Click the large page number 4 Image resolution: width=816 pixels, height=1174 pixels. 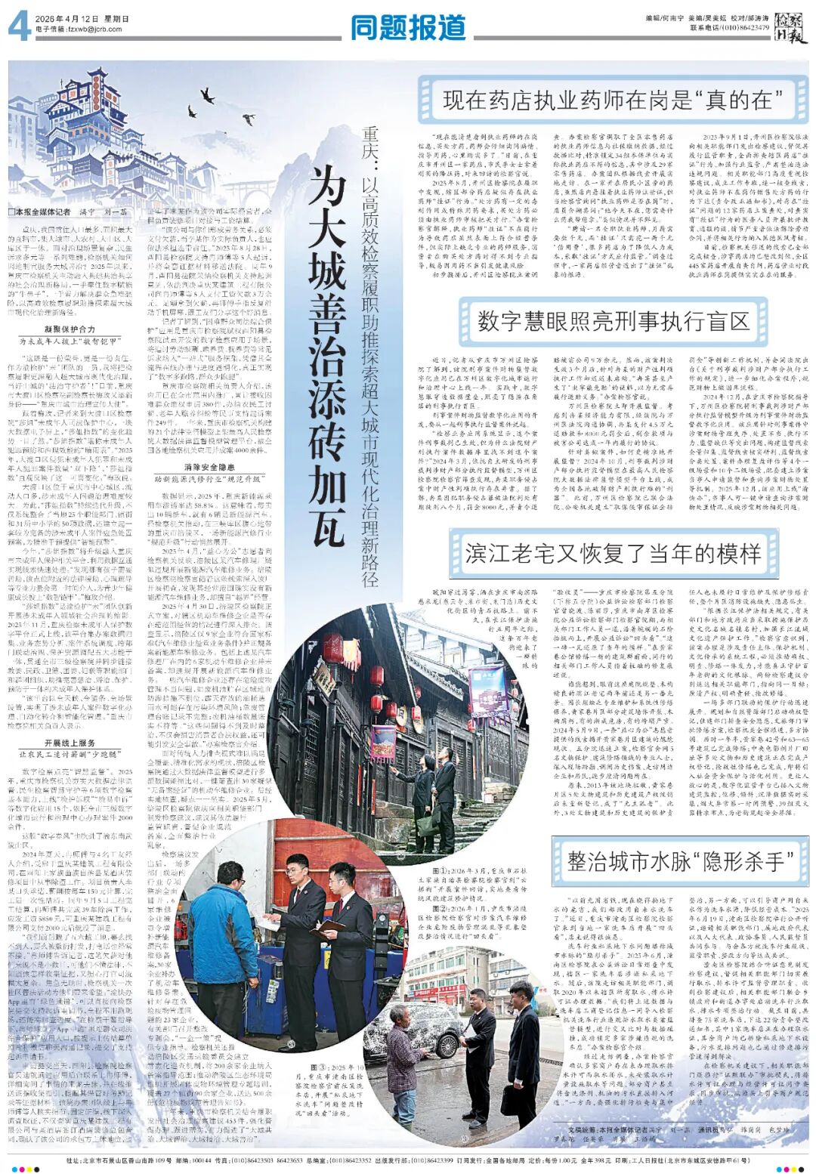point(18,28)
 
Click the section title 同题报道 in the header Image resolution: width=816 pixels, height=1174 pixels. point(407,28)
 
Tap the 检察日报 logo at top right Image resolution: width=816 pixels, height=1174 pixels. point(792,28)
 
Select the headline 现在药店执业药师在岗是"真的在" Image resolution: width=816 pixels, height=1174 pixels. point(608,100)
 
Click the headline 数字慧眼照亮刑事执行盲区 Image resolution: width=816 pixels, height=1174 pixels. point(613,321)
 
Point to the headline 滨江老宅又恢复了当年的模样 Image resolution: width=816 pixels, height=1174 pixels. point(613,553)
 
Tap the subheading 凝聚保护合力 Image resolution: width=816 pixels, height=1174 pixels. point(70,329)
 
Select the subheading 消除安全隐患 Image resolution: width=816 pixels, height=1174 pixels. point(209,468)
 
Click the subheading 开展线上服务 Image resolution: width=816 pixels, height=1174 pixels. point(70,743)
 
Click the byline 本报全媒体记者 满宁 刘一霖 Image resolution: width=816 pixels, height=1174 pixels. point(68,212)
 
